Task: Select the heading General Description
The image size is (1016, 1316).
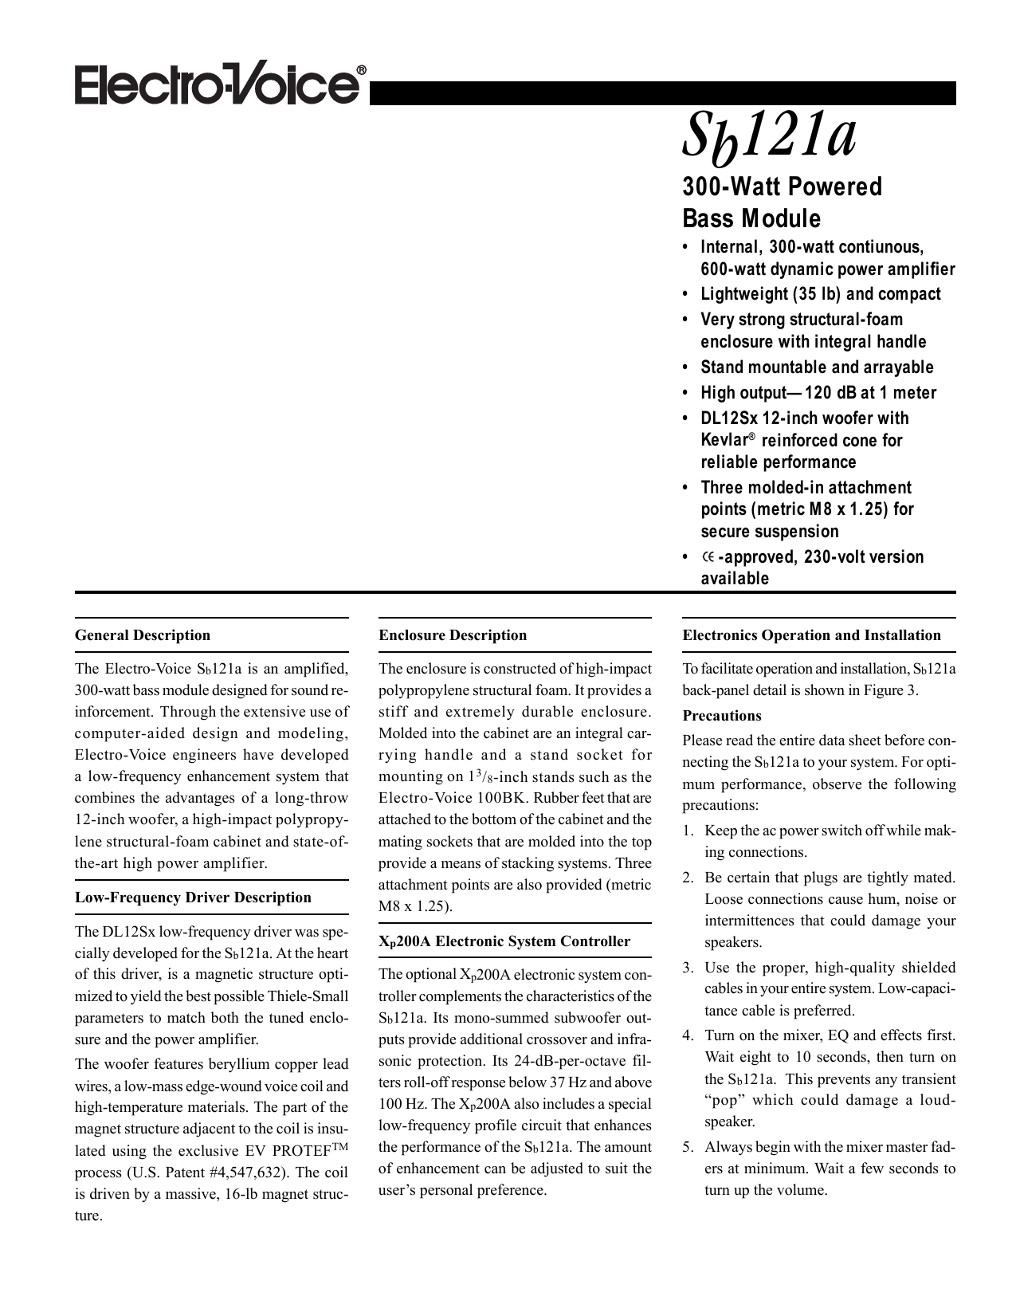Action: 143,635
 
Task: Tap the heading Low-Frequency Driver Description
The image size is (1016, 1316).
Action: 193,898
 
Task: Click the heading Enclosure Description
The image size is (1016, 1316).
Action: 453,635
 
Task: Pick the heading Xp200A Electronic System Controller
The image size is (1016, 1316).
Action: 504,941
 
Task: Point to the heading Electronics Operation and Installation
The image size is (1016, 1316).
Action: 811,635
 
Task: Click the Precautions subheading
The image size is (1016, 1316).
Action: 722,716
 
